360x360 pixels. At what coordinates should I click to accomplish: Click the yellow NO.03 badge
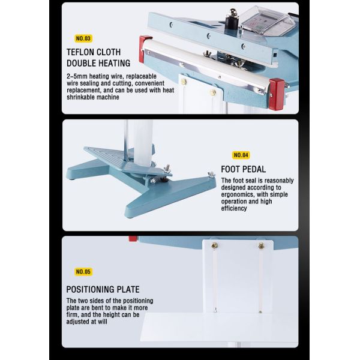(84, 38)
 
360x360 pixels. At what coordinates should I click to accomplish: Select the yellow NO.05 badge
(84, 271)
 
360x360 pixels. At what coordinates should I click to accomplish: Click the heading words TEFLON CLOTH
(97, 52)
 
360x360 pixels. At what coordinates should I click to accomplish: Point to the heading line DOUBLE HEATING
(98, 64)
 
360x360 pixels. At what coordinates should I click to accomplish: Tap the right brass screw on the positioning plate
(262, 245)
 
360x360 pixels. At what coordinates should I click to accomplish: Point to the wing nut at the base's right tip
(211, 175)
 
